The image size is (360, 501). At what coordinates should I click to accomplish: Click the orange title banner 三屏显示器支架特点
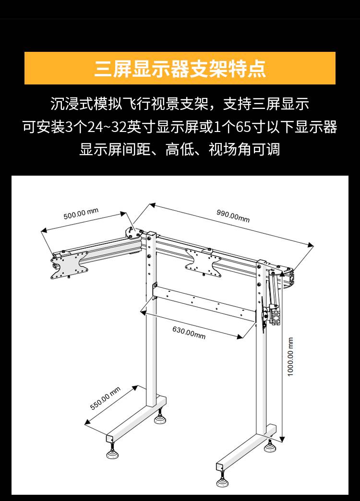click(x=180, y=68)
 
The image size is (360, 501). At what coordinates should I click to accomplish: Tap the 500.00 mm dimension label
click(x=81, y=214)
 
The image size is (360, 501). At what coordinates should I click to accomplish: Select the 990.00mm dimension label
click(x=233, y=215)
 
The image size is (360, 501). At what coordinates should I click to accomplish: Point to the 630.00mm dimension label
click(x=189, y=332)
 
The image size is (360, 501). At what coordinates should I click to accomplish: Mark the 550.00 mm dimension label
click(x=106, y=399)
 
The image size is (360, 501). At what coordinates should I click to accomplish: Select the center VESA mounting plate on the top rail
click(x=202, y=262)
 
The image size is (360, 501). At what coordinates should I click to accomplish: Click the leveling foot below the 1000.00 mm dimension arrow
click(x=270, y=446)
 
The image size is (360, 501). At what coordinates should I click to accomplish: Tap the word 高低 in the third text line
click(x=180, y=150)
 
